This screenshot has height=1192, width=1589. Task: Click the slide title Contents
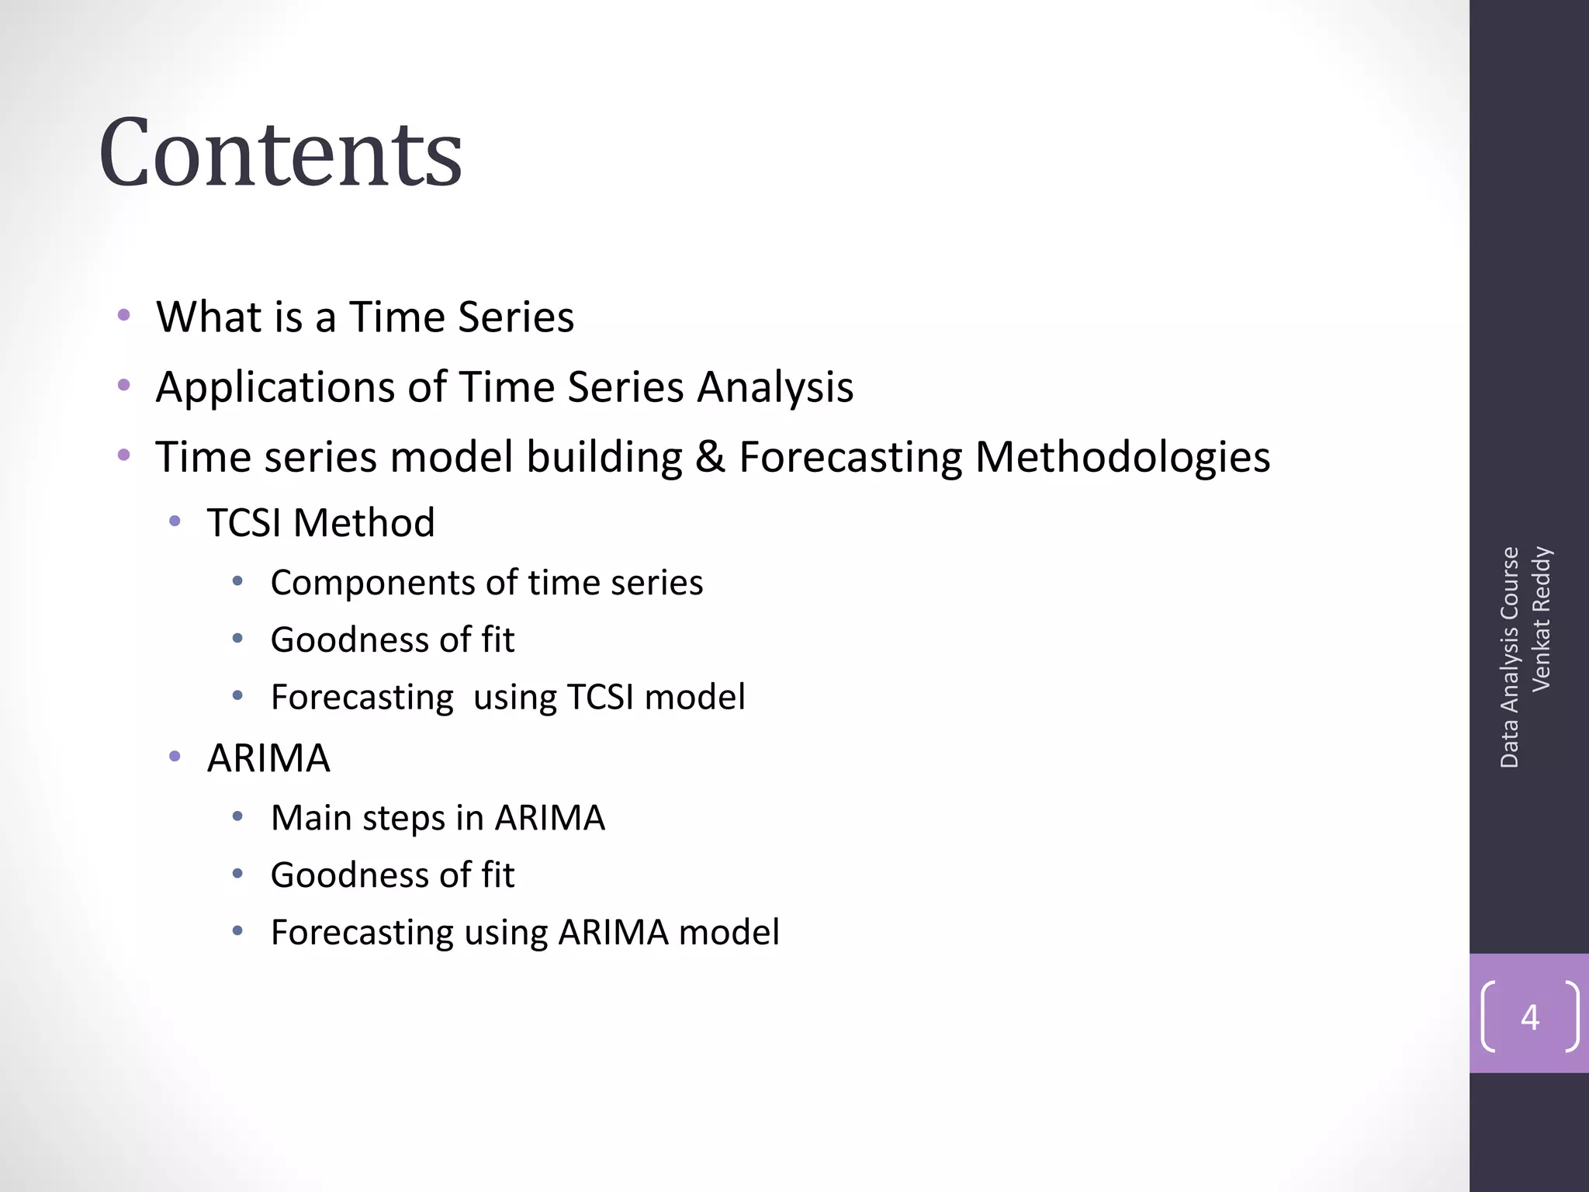(280, 153)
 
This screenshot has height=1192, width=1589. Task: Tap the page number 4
(1529, 1017)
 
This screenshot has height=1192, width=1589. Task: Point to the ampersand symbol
(709, 456)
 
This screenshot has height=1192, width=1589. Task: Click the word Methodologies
(1122, 457)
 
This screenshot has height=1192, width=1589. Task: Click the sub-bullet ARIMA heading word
(268, 758)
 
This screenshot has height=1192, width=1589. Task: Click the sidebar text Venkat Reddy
(1541, 619)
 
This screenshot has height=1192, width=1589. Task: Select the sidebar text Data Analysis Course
(1509, 657)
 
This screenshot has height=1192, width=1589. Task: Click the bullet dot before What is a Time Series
(123, 315)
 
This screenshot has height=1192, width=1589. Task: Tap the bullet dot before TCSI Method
(175, 521)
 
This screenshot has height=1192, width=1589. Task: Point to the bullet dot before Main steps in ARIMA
(237, 816)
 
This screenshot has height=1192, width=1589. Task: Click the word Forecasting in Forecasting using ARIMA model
(362, 933)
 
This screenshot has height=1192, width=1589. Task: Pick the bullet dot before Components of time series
(237, 580)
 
